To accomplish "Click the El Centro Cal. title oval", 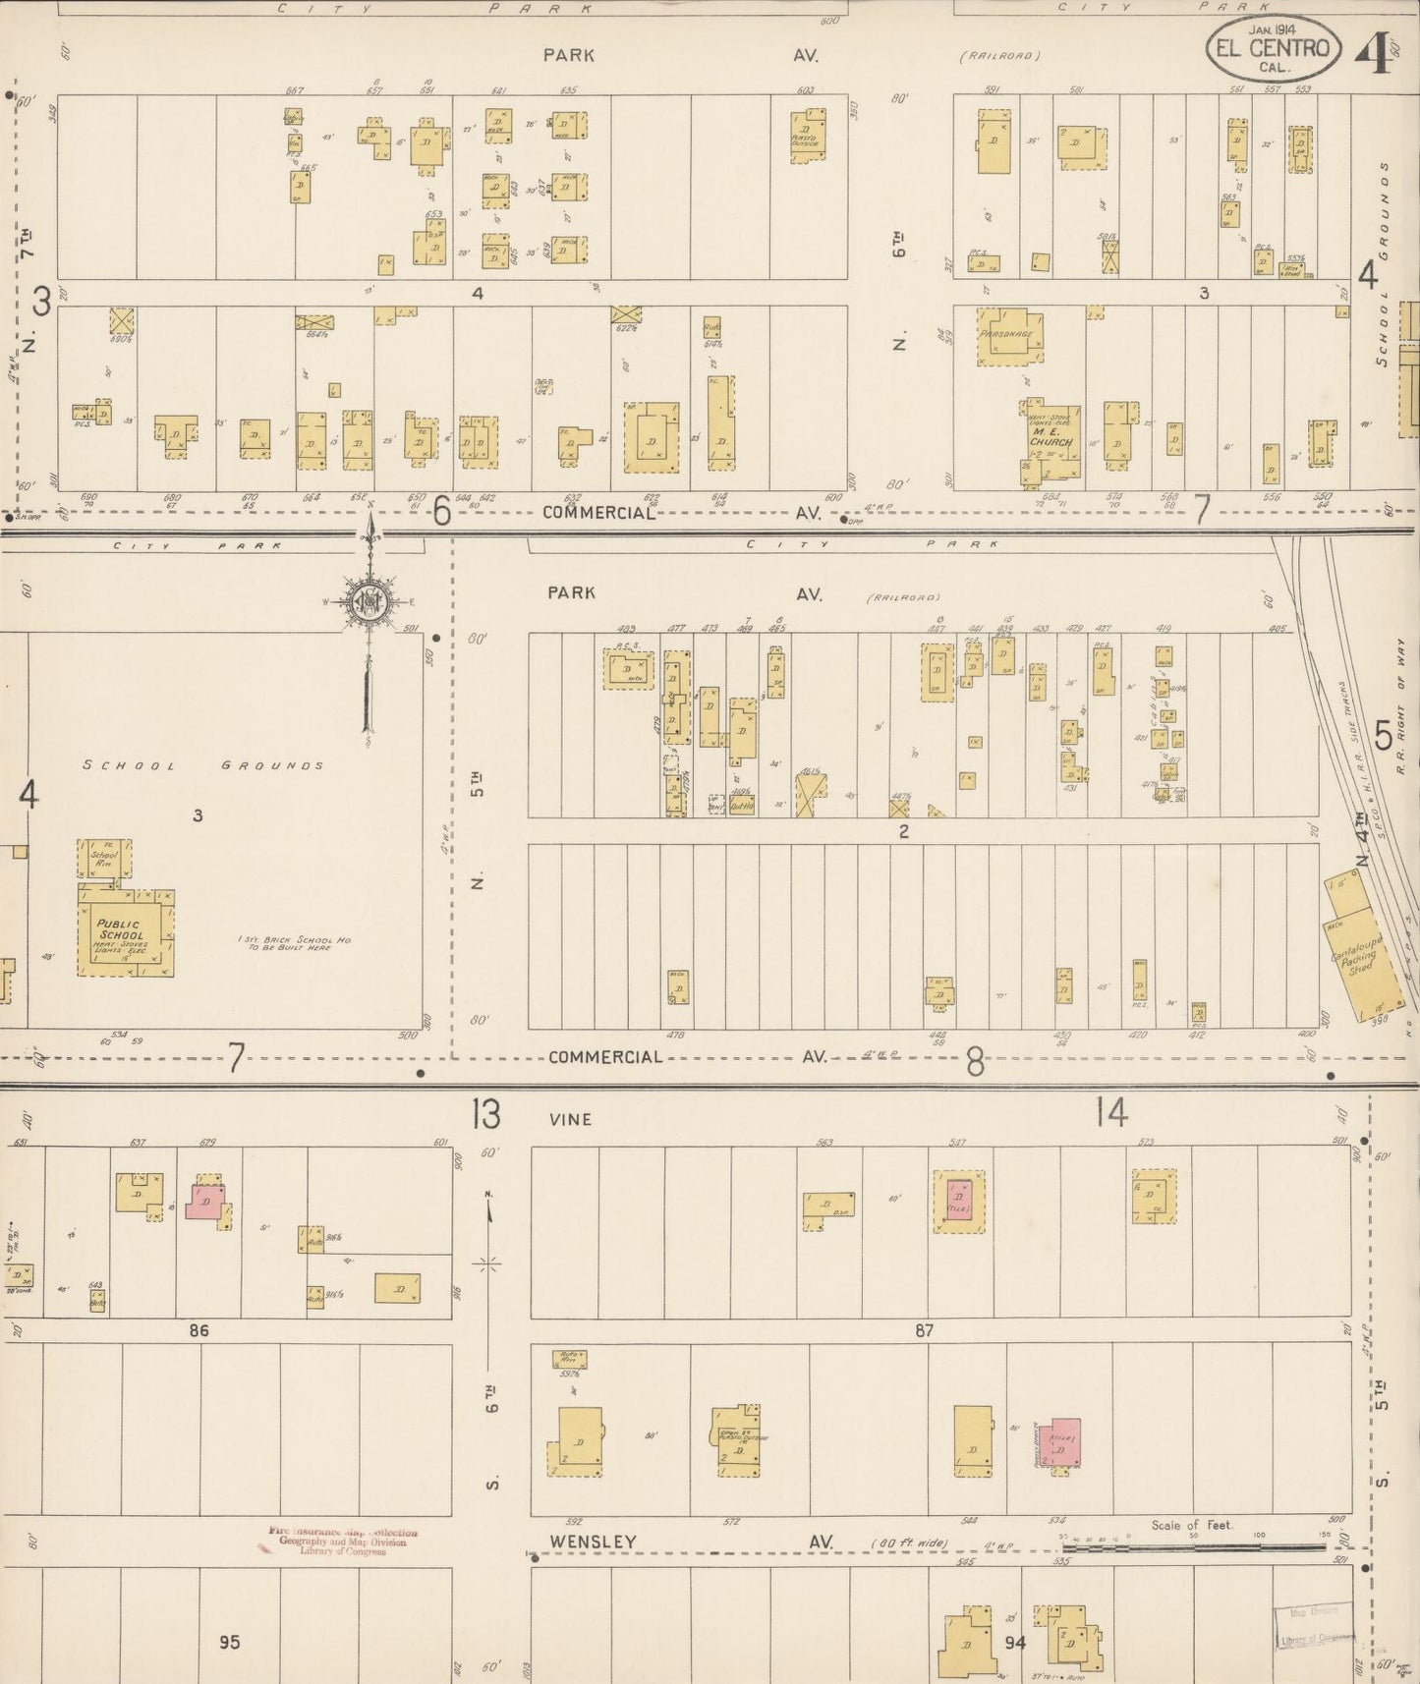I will click(1273, 48).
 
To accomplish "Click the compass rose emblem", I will click(370, 602).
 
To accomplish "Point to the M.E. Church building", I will click(1049, 440).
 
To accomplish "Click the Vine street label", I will click(571, 1118).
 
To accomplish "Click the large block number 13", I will click(484, 1115).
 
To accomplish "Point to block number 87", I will click(923, 1330).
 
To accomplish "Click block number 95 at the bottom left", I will click(229, 1641).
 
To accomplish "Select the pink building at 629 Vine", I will click(206, 1201).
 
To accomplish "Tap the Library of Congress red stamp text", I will click(339, 1541).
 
